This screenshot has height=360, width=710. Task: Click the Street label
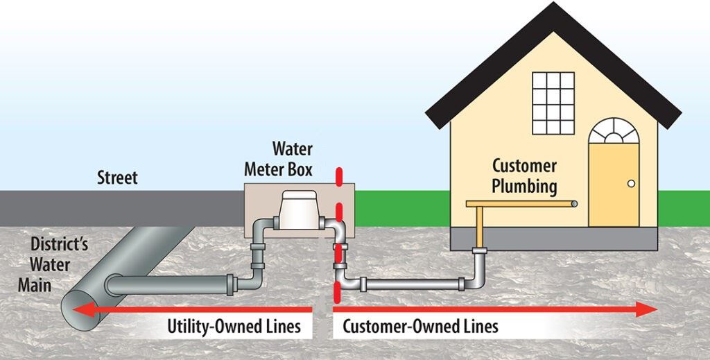117,178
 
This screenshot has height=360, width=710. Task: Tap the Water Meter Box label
292,159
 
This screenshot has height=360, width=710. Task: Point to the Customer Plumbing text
525,176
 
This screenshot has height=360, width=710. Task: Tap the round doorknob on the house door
631,183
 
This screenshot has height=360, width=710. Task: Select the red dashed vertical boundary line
338,229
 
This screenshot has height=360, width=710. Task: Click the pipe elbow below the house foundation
478,278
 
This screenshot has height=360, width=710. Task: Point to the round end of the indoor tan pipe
573,203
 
